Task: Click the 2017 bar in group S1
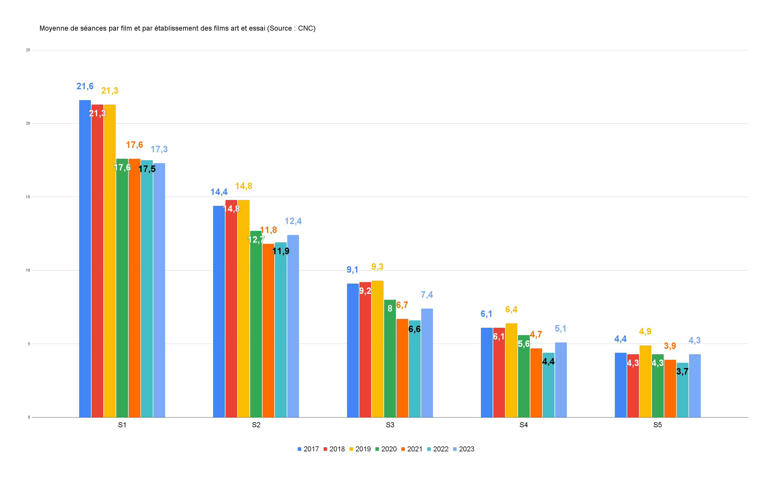(x=85, y=259)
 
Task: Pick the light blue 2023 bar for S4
(x=561, y=380)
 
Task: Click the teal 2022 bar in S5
(x=683, y=391)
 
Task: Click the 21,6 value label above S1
(x=85, y=86)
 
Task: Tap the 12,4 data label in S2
(x=293, y=221)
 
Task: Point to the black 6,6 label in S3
(x=414, y=329)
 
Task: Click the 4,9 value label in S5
(x=645, y=331)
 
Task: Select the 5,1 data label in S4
(x=560, y=328)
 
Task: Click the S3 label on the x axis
(x=390, y=425)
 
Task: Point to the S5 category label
(x=658, y=425)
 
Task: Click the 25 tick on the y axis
(x=28, y=50)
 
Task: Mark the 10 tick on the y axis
(x=28, y=270)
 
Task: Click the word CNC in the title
(x=305, y=28)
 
